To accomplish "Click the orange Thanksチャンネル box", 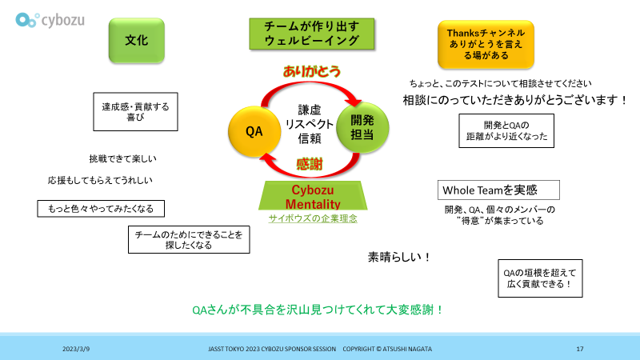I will click(x=486, y=44).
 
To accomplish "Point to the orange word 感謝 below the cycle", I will click(x=310, y=164).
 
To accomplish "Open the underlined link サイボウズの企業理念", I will click(x=312, y=218).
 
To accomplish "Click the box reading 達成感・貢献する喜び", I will click(x=135, y=111).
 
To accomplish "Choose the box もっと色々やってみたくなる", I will click(x=101, y=209).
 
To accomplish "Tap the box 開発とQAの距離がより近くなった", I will click(x=505, y=130).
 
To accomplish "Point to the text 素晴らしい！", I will click(x=399, y=258).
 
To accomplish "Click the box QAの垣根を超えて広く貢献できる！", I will click(x=538, y=278).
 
